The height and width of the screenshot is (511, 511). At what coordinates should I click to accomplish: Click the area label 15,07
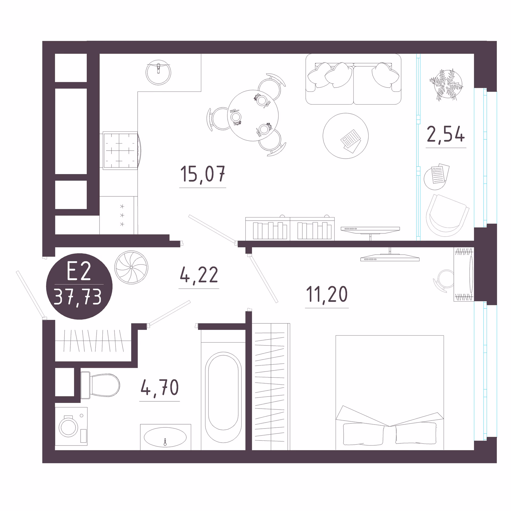[203, 174]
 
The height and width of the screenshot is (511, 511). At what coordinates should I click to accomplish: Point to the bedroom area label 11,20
[327, 294]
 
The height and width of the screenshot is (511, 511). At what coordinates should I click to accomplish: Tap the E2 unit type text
[79, 271]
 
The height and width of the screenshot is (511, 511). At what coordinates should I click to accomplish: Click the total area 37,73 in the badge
[78, 297]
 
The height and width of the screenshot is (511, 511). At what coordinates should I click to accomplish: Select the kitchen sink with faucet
[158, 72]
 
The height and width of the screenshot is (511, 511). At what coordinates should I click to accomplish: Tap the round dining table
[253, 116]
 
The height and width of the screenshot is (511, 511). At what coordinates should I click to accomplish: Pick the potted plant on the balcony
[446, 85]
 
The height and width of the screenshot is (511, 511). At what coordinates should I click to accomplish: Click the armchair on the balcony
[447, 216]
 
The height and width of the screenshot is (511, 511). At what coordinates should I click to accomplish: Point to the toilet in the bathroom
[100, 385]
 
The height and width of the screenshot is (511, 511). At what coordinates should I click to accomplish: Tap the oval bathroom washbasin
[165, 437]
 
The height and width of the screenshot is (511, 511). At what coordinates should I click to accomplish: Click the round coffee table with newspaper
[345, 136]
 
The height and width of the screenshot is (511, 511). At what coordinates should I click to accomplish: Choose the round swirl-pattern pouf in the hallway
[131, 267]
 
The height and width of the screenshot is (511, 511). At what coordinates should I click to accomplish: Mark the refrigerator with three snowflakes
[119, 215]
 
